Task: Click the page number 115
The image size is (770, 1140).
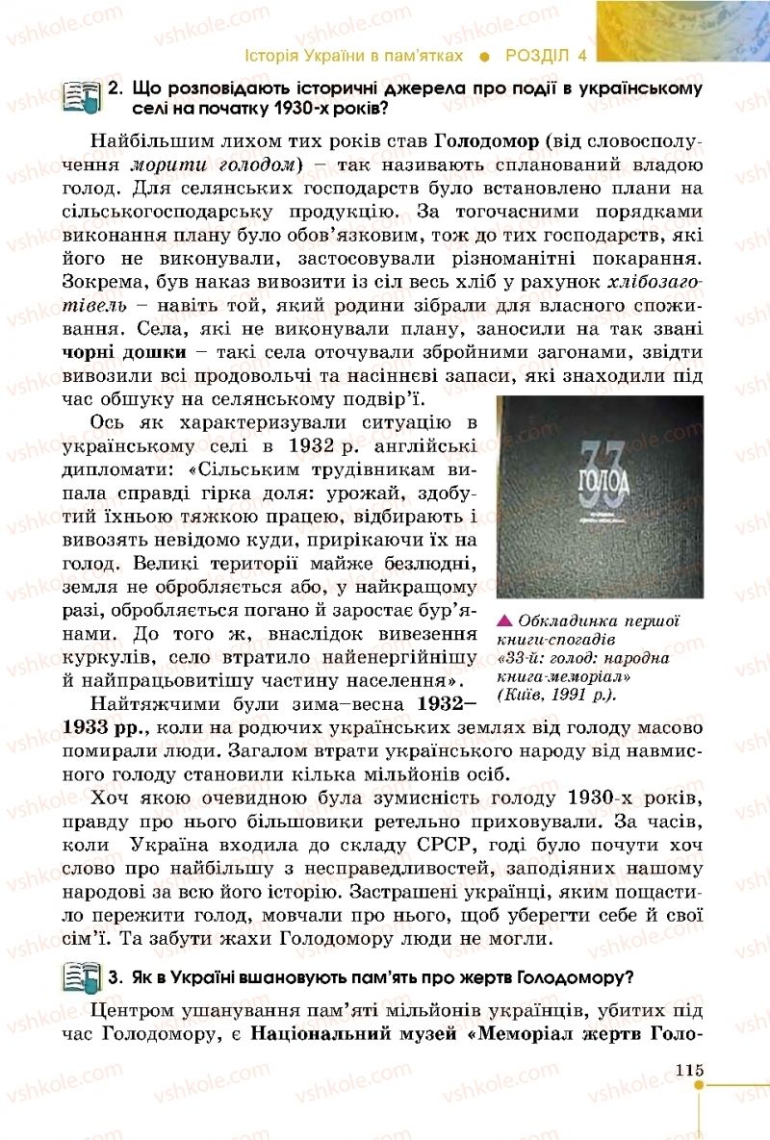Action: (690, 1071)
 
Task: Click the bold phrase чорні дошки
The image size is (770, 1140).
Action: (124, 352)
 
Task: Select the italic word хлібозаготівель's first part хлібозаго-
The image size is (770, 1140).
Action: (655, 282)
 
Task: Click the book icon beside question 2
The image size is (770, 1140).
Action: (81, 97)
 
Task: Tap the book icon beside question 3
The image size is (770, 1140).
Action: (81, 978)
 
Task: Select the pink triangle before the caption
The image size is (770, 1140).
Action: (503, 621)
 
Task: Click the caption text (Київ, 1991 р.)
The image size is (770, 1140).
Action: (557, 694)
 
